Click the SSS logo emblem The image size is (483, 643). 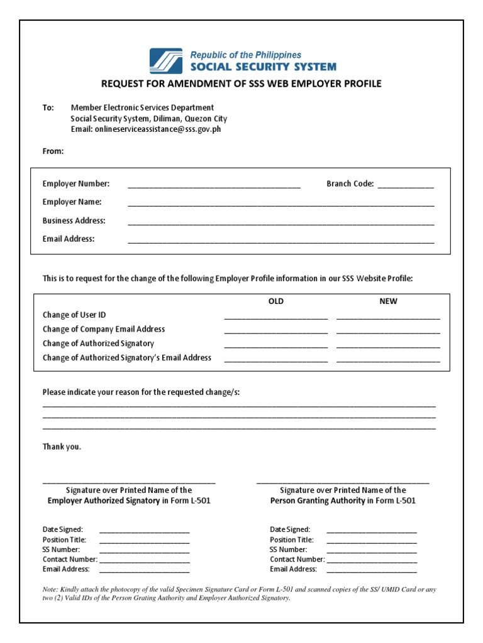point(166,61)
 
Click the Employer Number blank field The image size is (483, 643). point(214,186)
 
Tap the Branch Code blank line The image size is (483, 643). point(406,186)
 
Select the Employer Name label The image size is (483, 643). point(72,202)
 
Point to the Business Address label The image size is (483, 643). point(74,220)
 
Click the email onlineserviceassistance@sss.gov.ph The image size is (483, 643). point(157,129)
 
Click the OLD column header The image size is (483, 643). point(276,301)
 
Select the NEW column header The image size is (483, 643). point(388,301)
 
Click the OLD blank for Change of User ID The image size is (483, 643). point(275,318)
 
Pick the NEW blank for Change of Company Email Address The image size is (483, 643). point(388,332)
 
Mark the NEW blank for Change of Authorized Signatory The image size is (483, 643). point(388,347)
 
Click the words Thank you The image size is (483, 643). point(62,447)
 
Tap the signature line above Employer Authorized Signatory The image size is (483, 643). point(129,482)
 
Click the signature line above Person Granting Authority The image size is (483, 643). point(343,482)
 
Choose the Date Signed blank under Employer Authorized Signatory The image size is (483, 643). point(144,532)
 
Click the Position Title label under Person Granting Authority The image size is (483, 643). point(292,540)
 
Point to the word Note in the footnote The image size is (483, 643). point(50,590)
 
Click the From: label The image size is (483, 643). point(53,151)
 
